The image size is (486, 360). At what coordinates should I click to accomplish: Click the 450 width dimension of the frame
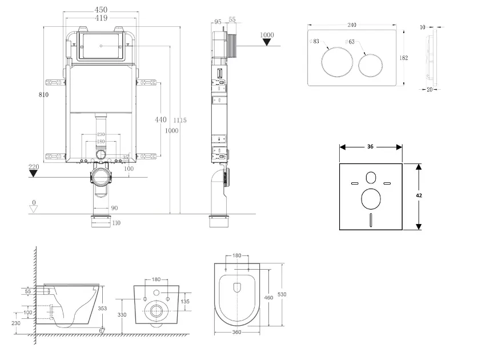click(101, 10)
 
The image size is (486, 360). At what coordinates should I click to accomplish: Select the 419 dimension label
click(101, 18)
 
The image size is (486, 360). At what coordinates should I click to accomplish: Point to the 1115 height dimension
click(181, 120)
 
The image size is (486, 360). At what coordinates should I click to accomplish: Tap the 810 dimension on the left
click(43, 94)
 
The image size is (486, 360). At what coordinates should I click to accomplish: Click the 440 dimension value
click(160, 119)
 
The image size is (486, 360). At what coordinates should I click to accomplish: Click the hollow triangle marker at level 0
click(34, 209)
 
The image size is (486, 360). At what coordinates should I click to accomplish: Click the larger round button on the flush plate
click(334, 63)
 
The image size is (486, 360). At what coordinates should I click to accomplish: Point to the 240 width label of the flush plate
click(352, 25)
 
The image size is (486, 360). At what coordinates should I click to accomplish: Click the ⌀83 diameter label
click(315, 42)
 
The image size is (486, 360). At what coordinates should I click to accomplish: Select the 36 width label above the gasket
click(370, 147)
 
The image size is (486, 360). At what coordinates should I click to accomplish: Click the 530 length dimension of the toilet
click(282, 294)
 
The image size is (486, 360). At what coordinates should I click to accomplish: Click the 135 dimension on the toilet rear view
click(184, 301)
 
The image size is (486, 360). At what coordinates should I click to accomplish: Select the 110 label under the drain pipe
click(117, 223)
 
